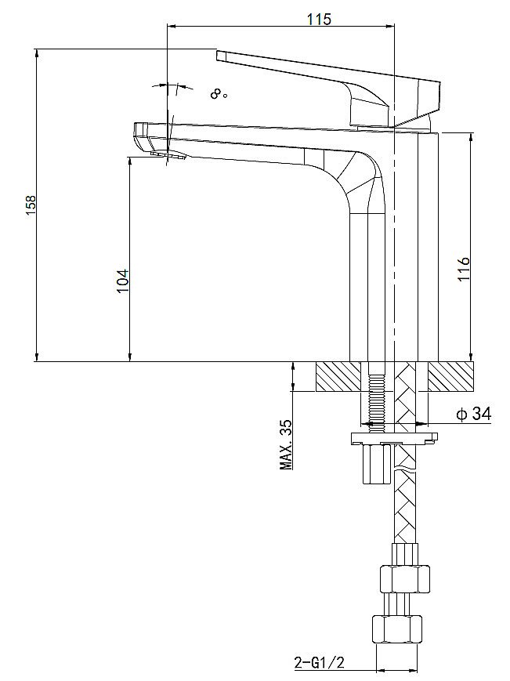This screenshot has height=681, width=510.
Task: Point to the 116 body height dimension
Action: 463,270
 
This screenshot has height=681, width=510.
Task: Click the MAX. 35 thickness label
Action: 286,444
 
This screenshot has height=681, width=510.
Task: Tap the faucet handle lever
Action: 329,78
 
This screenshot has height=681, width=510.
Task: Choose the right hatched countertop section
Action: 451,377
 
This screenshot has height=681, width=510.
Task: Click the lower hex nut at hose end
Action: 396,629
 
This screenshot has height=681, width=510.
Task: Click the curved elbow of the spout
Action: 356,176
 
